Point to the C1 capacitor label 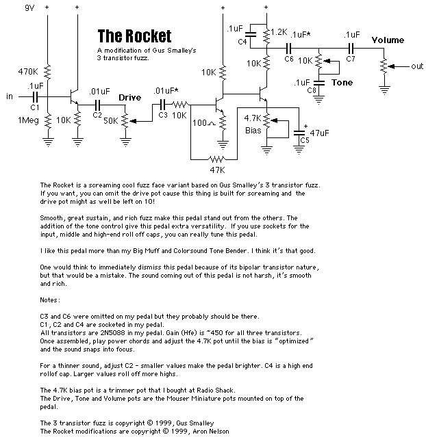[34, 107]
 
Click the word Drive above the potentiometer [130, 97]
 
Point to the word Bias [251, 129]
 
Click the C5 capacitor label [304, 140]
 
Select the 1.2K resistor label [279, 32]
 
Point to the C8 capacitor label [312, 90]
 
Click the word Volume [388, 40]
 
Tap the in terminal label [10, 96]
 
